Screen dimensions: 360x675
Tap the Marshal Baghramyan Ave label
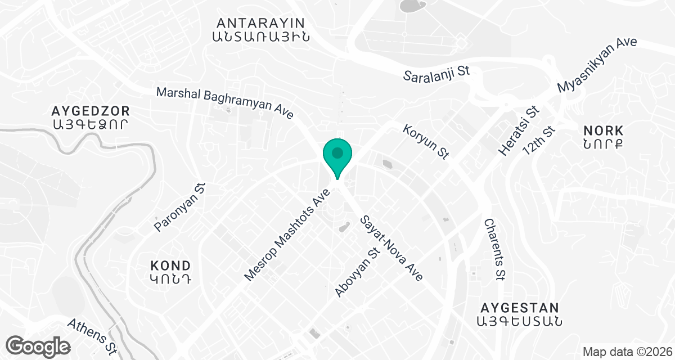[x=225, y=102]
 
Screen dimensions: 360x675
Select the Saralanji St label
[x=436, y=74]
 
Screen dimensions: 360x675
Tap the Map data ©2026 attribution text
[x=627, y=352]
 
